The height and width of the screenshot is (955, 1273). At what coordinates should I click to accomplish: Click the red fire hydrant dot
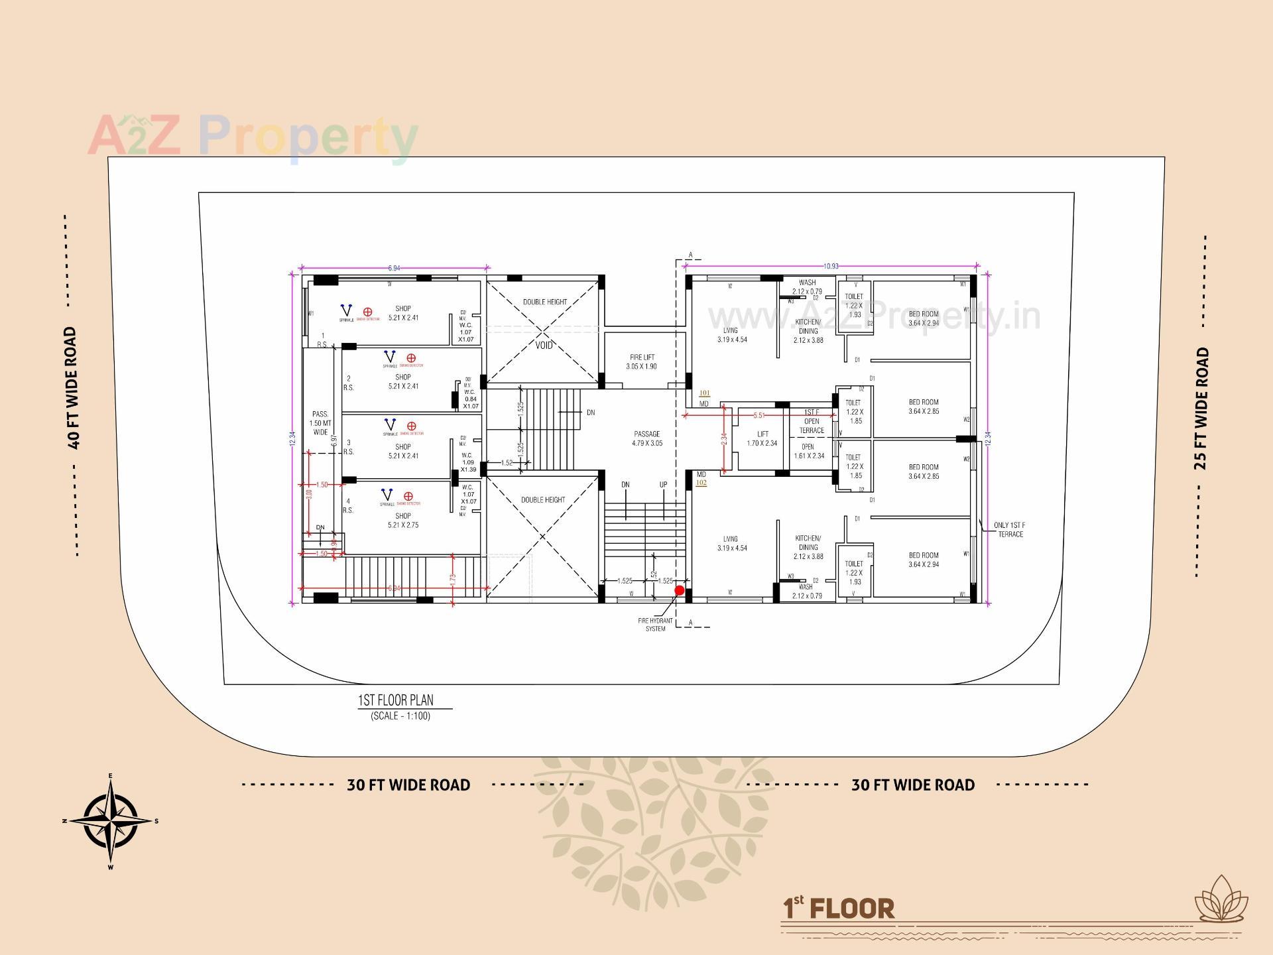(679, 590)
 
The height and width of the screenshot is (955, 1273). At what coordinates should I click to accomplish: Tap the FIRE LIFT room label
(642, 361)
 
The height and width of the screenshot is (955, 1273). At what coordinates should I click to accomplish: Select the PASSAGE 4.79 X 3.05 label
(646, 438)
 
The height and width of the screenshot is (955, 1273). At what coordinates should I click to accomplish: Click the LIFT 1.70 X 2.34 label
(762, 438)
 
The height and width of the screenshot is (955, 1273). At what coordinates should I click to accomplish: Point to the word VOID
(544, 345)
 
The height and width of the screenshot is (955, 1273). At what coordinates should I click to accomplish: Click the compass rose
(111, 821)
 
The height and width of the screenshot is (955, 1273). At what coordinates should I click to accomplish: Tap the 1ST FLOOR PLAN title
(396, 700)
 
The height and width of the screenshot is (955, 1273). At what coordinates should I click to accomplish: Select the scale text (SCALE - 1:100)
(400, 716)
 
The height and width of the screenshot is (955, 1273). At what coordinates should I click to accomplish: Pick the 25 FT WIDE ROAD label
(1201, 408)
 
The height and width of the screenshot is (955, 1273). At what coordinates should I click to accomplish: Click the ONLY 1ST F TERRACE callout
(1010, 529)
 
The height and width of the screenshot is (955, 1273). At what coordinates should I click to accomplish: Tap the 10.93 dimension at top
(831, 266)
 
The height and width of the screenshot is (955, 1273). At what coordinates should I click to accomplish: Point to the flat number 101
(704, 393)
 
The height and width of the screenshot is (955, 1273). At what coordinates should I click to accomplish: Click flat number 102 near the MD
(701, 483)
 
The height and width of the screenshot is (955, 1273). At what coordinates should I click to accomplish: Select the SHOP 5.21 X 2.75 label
(403, 520)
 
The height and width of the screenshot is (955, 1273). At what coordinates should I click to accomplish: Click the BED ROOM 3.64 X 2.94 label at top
(924, 318)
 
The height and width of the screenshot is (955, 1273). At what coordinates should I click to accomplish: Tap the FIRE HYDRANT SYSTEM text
(655, 625)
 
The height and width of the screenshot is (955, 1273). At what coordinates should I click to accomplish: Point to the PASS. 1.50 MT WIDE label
(320, 423)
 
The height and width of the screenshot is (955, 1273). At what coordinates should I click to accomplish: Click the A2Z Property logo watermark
(253, 137)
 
